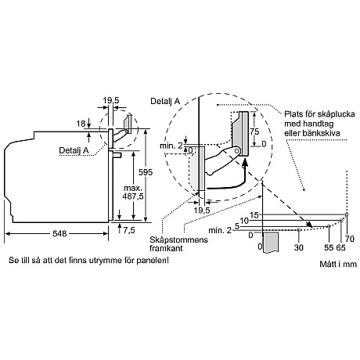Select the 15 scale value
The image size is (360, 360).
click(254, 214)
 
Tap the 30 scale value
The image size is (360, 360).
click(299, 248)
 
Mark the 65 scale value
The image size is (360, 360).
click(340, 248)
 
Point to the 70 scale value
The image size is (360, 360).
click(350, 237)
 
